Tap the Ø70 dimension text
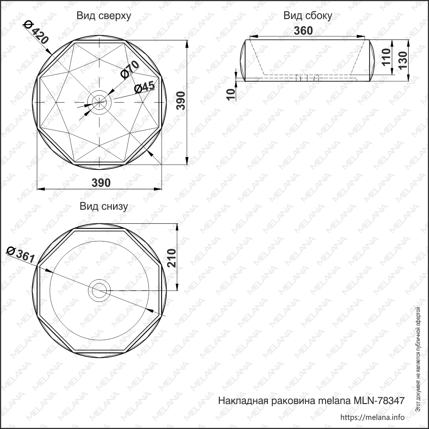[x=129, y=71]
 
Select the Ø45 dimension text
[x=145, y=87]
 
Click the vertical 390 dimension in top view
[x=181, y=101]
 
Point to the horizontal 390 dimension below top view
[x=101, y=182]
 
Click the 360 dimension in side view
[x=303, y=30]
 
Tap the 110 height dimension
[x=387, y=58]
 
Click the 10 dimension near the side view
[x=232, y=94]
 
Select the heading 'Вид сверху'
[x=104, y=16]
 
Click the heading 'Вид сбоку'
[x=308, y=16]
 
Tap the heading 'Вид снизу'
[x=104, y=207]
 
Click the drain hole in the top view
[x=99, y=101]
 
